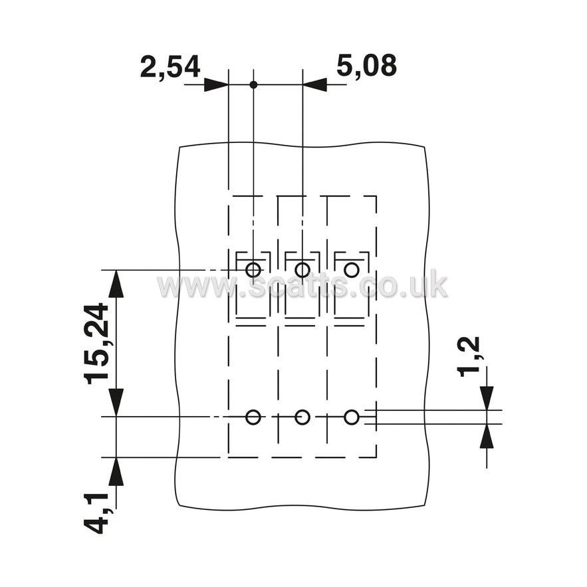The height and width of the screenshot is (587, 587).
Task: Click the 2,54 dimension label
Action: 170,67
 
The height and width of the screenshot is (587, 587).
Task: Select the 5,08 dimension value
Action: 366,66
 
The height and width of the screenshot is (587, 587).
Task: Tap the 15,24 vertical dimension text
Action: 96,344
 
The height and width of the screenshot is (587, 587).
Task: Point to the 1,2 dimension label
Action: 468,356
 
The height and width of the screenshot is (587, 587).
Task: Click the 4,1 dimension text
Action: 96,513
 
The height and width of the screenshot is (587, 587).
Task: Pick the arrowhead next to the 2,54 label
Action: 216,84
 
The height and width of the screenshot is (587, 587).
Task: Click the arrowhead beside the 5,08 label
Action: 314,84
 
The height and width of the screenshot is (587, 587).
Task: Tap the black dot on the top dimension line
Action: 253,84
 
